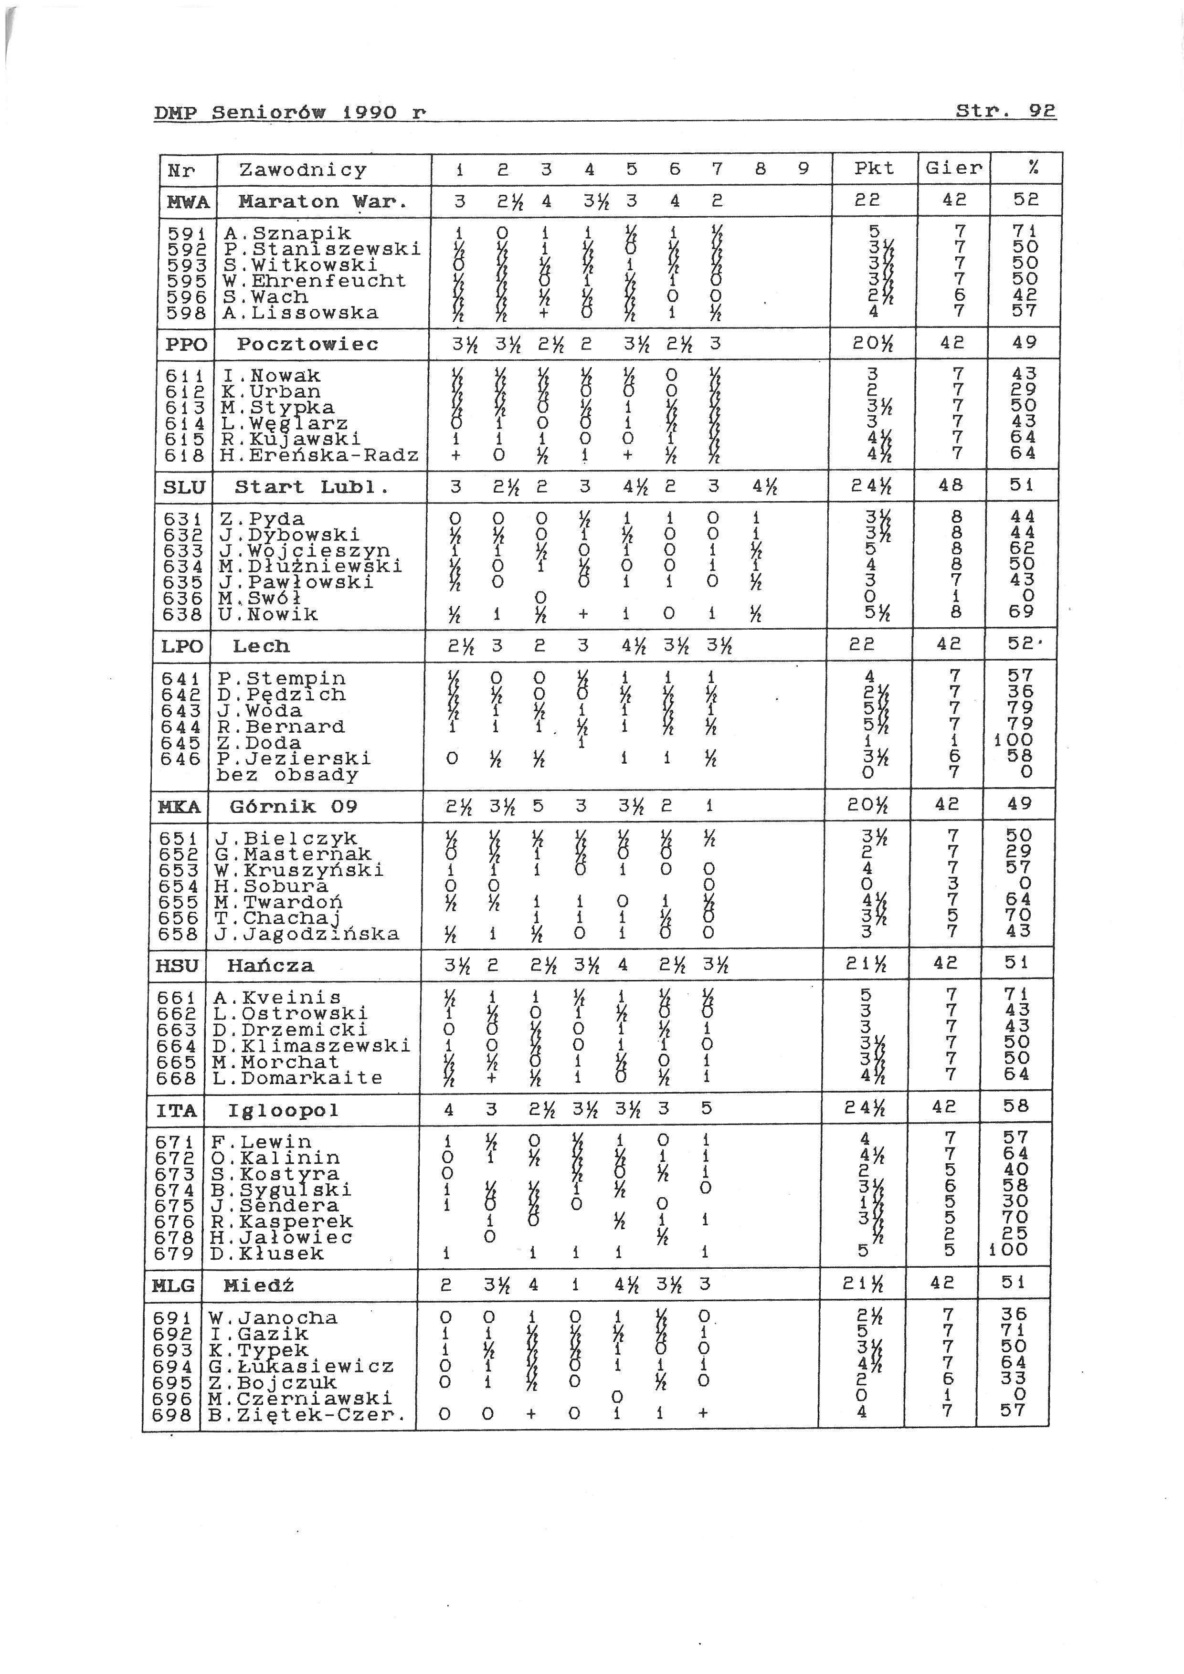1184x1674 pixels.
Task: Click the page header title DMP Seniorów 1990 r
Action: [289, 113]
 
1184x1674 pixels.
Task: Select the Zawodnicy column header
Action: [303, 170]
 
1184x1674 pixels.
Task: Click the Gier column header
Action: [953, 169]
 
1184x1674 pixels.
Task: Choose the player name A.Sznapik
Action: [287, 233]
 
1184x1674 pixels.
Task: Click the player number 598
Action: [188, 313]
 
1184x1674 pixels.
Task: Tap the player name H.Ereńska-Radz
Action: [320, 456]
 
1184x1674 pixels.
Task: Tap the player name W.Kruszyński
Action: [299, 871]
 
